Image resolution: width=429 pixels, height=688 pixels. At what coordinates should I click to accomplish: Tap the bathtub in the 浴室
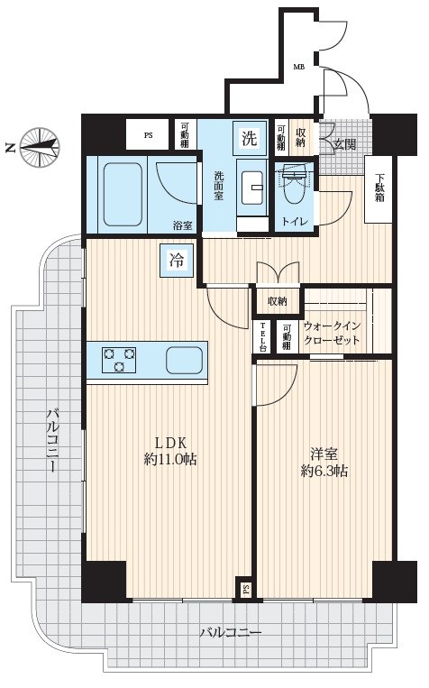(x=123, y=195)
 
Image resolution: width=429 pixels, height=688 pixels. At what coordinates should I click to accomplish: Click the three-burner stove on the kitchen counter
(x=119, y=360)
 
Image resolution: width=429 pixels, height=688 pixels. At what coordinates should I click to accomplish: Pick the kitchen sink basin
(x=184, y=360)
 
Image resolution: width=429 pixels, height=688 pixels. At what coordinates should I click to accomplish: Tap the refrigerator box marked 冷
(x=177, y=261)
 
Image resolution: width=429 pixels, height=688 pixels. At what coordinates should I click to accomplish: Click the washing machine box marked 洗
(x=250, y=138)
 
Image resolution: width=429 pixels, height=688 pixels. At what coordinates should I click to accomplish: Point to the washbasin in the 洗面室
(x=251, y=188)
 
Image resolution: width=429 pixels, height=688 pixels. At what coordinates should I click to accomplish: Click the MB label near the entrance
(x=299, y=67)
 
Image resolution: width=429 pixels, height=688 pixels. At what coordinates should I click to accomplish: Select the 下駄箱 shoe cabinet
(x=379, y=189)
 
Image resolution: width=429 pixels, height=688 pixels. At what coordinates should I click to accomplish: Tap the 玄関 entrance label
(x=345, y=144)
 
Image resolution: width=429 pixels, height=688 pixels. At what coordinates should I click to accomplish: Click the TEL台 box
(x=263, y=337)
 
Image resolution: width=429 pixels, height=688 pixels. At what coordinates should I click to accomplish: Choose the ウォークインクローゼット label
(x=332, y=333)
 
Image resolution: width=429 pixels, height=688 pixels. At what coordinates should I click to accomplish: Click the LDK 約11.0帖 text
(x=170, y=450)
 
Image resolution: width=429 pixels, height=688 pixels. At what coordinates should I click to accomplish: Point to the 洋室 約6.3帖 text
(x=324, y=462)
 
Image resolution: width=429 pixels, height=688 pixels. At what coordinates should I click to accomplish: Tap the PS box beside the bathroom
(x=148, y=135)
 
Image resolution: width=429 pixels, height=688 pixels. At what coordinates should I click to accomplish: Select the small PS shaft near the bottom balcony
(x=246, y=588)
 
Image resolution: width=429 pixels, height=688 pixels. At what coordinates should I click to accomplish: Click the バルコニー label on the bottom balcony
(x=231, y=633)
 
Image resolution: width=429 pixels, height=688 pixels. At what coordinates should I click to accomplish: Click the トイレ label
(x=295, y=221)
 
